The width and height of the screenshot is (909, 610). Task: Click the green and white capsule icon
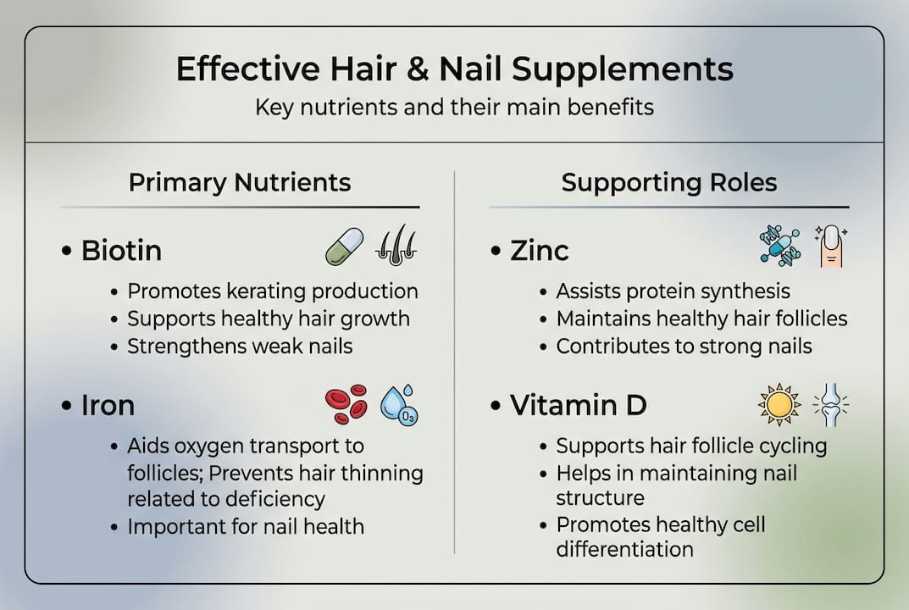pyautogui.click(x=344, y=246)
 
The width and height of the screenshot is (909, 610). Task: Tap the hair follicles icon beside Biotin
pyautogui.click(x=396, y=246)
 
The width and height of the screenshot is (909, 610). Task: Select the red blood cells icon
pyautogui.click(x=346, y=404)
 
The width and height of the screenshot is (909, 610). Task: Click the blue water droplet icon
pyautogui.click(x=398, y=405)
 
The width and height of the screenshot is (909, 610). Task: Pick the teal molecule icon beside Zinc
pyautogui.click(x=779, y=246)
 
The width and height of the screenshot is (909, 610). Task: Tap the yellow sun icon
pyautogui.click(x=779, y=404)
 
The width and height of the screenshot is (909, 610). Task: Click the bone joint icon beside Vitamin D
pyautogui.click(x=830, y=404)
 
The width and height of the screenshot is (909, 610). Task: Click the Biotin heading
pyautogui.click(x=121, y=251)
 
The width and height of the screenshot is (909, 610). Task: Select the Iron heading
pyautogui.click(x=108, y=405)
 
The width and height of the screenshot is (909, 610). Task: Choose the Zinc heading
pyautogui.click(x=540, y=251)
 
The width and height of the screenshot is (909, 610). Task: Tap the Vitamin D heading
pyautogui.click(x=579, y=405)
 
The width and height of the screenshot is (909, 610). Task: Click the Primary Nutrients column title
pyautogui.click(x=240, y=182)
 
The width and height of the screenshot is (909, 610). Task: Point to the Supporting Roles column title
pyautogui.click(x=669, y=182)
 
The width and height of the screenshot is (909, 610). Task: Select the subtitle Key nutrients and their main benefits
pyautogui.click(x=454, y=108)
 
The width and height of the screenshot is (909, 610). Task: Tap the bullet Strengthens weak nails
pyautogui.click(x=240, y=346)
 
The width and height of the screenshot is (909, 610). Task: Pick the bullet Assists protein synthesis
pyautogui.click(x=673, y=291)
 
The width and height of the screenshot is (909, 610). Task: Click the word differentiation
pyautogui.click(x=624, y=549)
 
